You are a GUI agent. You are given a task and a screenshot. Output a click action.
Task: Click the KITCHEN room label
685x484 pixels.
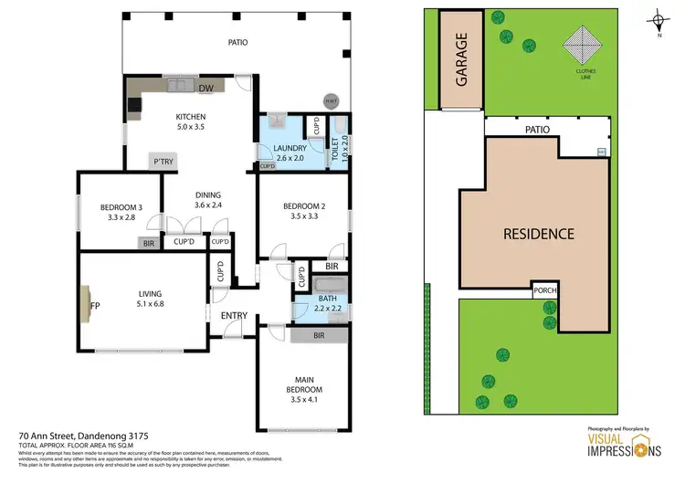(191, 117)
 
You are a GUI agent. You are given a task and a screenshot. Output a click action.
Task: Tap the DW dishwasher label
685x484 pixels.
(206, 88)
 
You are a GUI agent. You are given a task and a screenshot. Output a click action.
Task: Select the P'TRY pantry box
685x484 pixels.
(163, 162)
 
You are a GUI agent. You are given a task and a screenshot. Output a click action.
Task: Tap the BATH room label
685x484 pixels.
(327, 299)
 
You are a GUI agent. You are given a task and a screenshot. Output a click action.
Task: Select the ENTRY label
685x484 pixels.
(234, 316)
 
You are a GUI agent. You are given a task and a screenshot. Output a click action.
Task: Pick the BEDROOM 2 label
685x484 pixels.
(302, 206)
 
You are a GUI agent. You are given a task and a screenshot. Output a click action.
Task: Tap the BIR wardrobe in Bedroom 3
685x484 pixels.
(147, 243)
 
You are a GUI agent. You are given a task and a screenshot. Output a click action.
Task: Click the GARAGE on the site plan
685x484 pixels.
(462, 59)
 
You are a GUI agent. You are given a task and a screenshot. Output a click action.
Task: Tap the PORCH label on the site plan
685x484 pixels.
(546, 291)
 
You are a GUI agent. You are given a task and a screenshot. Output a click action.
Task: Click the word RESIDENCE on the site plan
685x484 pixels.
(539, 234)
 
